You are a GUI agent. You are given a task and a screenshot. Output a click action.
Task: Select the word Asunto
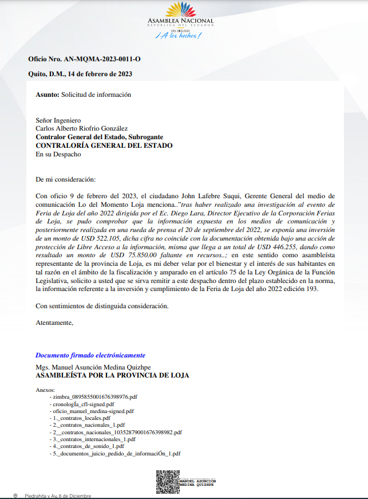pos(47,95)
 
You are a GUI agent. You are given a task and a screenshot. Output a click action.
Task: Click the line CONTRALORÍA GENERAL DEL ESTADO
pos(104,146)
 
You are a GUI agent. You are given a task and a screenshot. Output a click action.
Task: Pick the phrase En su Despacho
pos(58,154)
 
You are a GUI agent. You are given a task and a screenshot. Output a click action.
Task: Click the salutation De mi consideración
pos(70,179)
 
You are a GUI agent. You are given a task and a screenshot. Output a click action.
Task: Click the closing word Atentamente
pos(54,323)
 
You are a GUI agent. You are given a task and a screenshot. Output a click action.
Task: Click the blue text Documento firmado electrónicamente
pos(90,355)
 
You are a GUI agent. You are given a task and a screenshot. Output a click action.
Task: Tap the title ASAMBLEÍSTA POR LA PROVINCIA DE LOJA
pos(112,376)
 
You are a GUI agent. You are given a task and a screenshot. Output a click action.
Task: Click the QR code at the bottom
pos(167,482)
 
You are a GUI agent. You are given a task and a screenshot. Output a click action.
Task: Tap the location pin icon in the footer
pos(15,496)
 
